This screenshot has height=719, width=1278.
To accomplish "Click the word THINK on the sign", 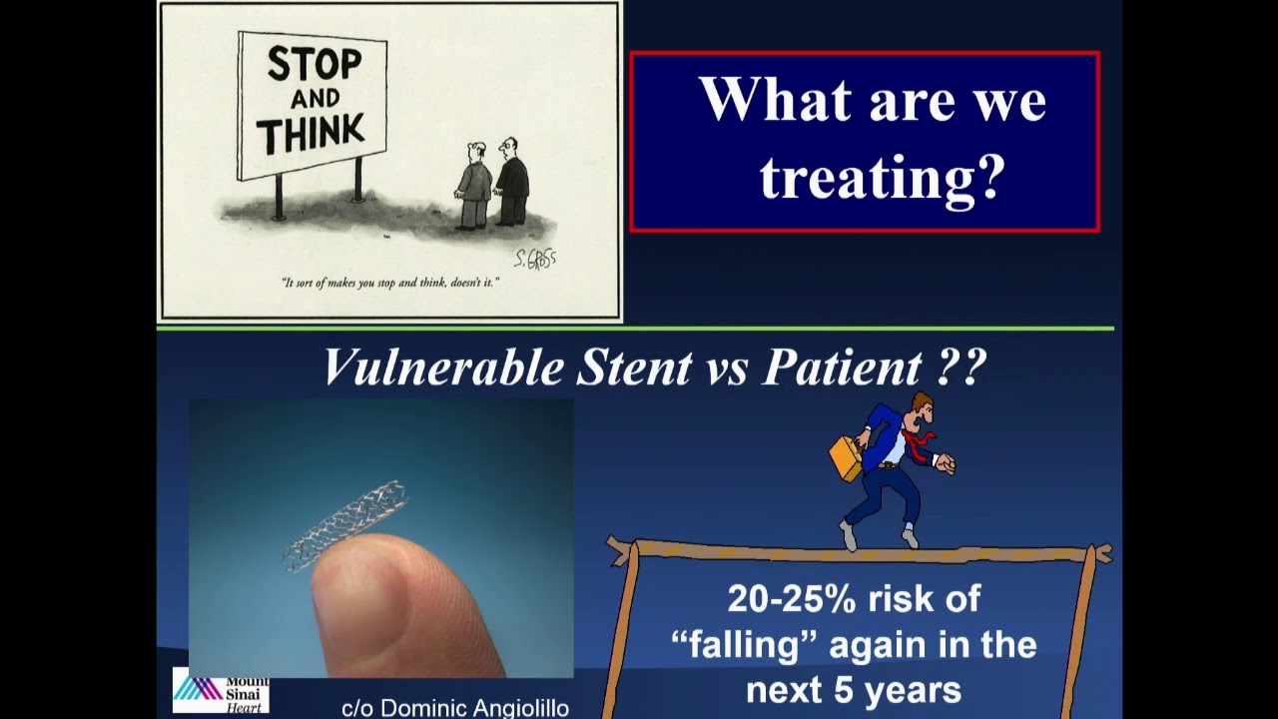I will pyautogui.click(x=311, y=133).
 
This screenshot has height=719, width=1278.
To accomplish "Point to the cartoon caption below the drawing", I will pyautogui.click(x=390, y=283).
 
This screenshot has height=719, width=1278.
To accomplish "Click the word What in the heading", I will pyautogui.click(x=773, y=100).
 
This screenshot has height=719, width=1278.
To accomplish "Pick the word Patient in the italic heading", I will pyautogui.click(x=840, y=367).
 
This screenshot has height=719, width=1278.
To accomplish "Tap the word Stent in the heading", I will pyautogui.click(x=633, y=367).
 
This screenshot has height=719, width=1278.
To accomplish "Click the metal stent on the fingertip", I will pyautogui.click(x=344, y=524).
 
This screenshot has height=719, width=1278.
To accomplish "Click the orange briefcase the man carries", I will pyautogui.click(x=846, y=455).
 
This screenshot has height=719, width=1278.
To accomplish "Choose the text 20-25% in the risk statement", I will pyautogui.click(x=791, y=599).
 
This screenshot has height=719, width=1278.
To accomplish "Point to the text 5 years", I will pyautogui.click(x=901, y=689).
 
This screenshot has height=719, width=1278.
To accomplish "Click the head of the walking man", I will pyautogui.click(x=921, y=408).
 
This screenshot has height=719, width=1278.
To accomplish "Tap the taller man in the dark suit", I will pyautogui.click(x=512, y=182).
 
